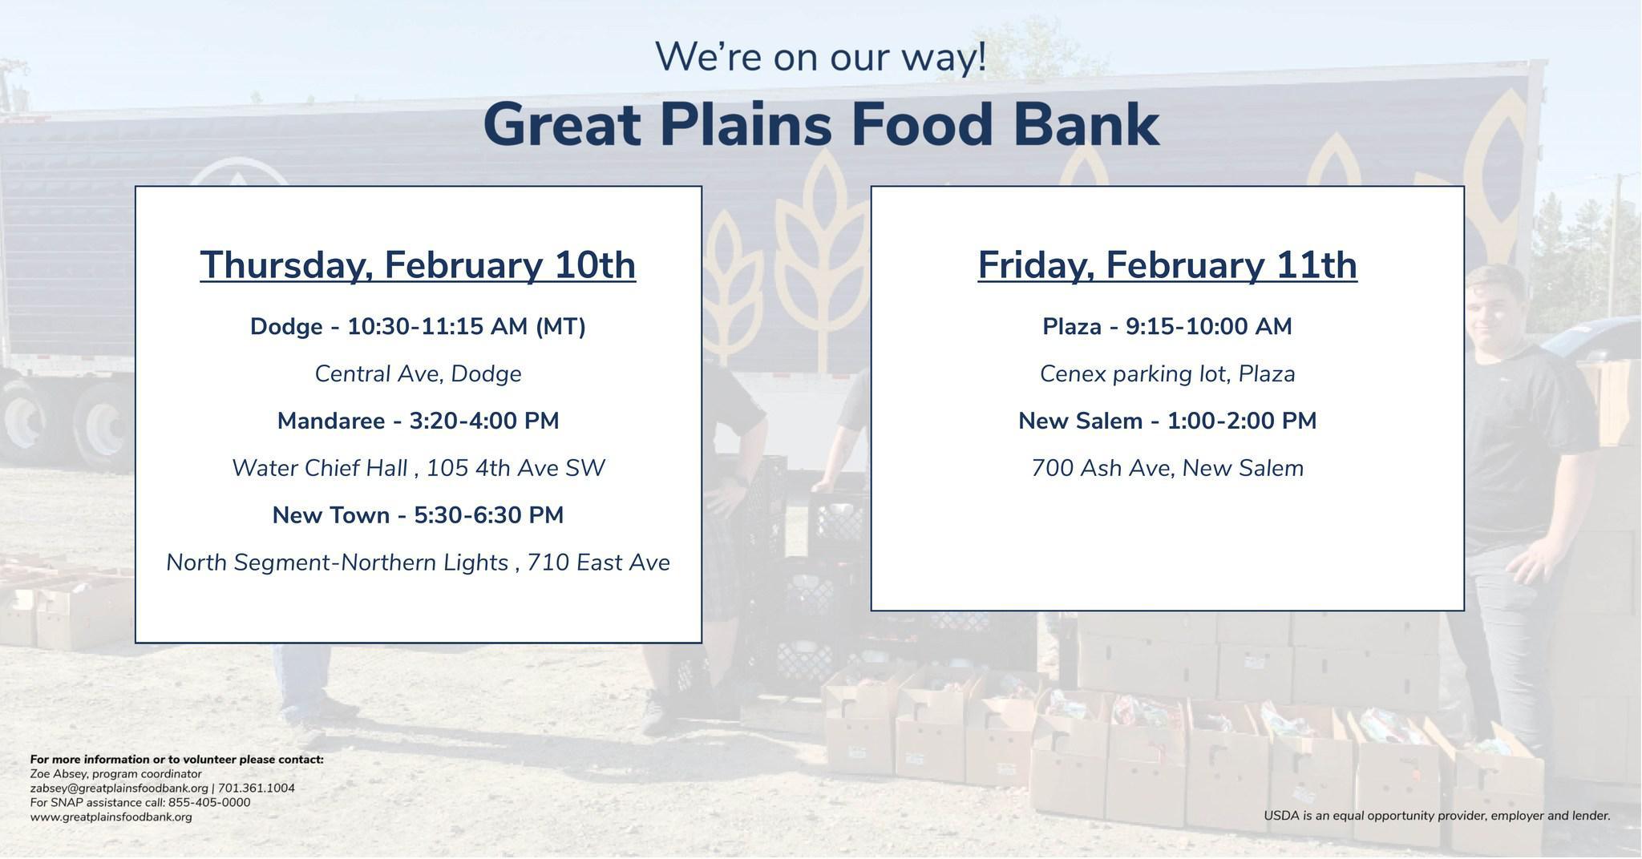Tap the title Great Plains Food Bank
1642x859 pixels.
821,124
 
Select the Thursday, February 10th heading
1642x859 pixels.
418,265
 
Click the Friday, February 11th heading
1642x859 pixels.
1167,265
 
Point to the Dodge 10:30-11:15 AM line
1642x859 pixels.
418,327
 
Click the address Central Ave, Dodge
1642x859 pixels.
418,374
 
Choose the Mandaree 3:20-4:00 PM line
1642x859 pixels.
418,421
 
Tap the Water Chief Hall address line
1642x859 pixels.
418,468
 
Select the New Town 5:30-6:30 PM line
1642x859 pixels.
418,515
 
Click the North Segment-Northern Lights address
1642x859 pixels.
418,563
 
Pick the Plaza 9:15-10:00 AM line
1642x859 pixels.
1167,327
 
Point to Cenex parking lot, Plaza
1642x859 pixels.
1167,374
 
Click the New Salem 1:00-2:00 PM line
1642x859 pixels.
1167,421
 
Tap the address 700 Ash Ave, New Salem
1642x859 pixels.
1167,468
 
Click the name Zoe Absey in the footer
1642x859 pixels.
57,774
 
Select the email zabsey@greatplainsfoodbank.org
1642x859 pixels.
119,788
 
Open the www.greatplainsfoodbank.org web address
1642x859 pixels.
111,817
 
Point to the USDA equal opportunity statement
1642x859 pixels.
1437,816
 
